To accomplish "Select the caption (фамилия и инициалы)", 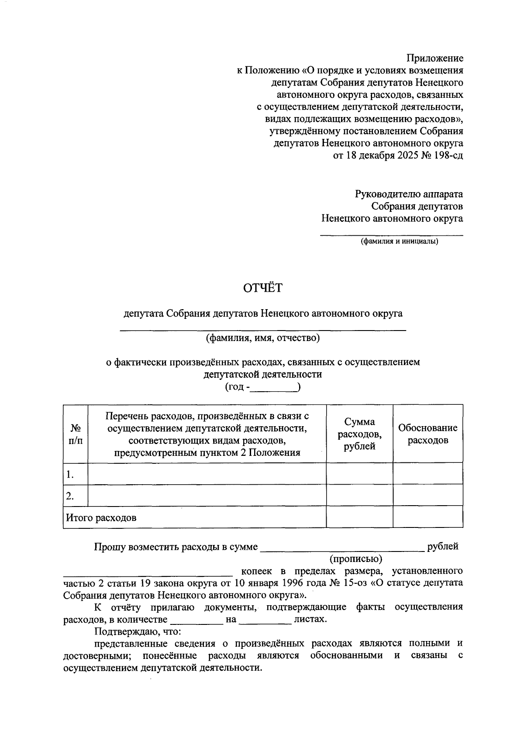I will click(x=399, y=241).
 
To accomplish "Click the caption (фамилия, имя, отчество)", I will click(x=263, y=338).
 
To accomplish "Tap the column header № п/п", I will click(x=75, y=434).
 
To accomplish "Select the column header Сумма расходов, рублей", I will click(x=359, y=434).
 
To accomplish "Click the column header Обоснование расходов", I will click(x=427, y=434).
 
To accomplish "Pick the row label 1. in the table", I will click(x=70, y=474).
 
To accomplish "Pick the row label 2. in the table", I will click(x=70, y=496).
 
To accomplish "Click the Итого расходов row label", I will click(x=101, y=518).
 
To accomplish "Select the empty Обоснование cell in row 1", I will click(x=427, y=474).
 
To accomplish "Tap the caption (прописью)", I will click(x=356, y=558).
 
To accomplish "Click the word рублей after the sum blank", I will click(x=443, y=546).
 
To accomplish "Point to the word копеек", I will click(x=256, y=571).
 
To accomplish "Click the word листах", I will click(x=310, y=619).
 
